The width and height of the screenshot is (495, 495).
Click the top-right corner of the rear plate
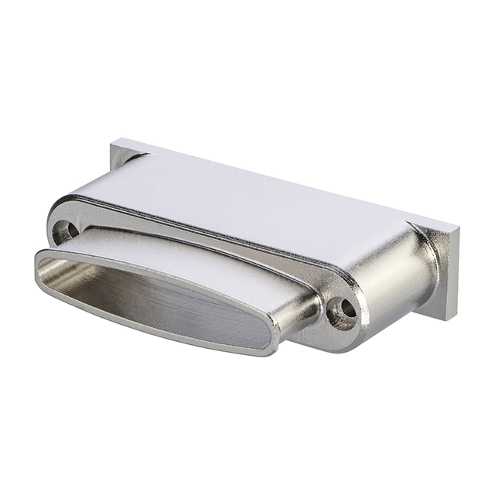coord(457,230)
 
